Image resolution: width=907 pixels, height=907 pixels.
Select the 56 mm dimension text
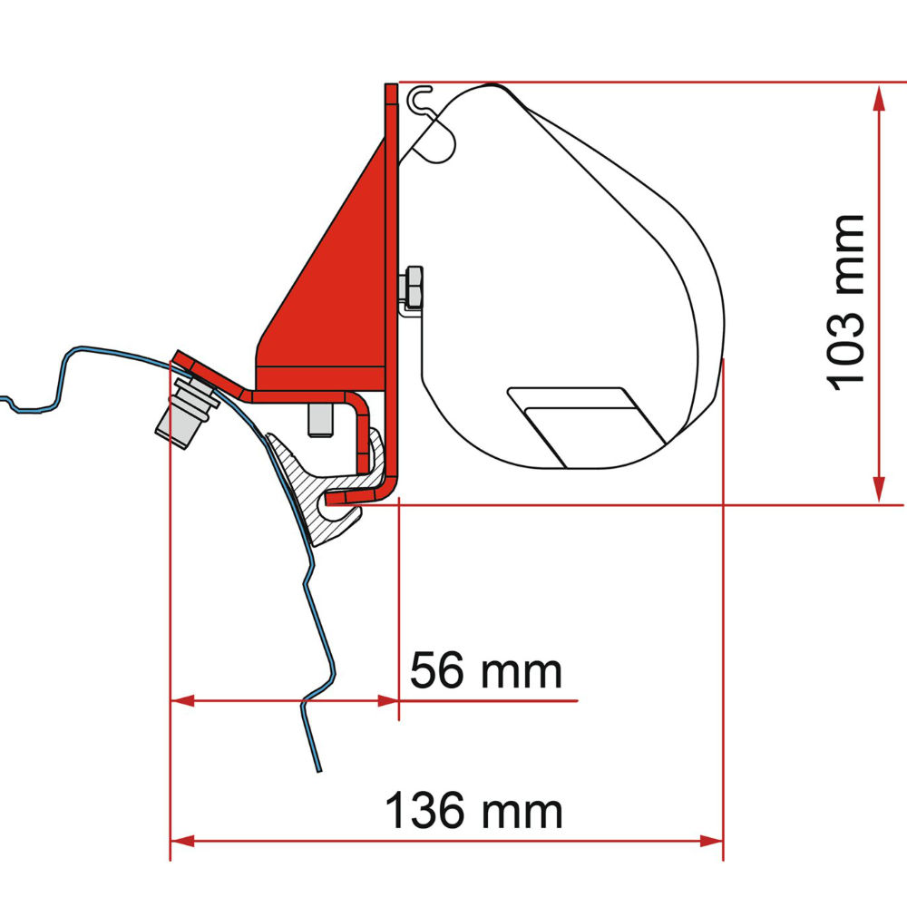tap(485, 672)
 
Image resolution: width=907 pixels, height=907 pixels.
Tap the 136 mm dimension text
tap(473, 810)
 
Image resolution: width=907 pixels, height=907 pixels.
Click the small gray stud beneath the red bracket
tap(319, 418)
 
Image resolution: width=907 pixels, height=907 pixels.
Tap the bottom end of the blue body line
tap(318, 771)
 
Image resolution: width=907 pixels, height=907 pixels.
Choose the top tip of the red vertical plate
tap(391, 88)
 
